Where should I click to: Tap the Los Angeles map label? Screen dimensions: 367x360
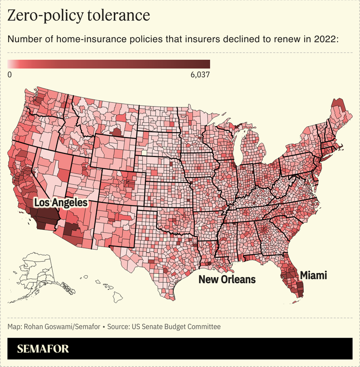point(61,203)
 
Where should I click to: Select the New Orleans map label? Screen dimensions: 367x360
point(227,280)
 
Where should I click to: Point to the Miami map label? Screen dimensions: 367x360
point(313,275)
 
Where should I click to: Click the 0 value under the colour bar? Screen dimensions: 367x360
point(10,74)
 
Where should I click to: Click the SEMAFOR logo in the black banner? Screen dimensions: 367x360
point(43,349)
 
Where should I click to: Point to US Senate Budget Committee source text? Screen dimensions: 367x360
point(176,327)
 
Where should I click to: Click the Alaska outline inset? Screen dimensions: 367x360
point(38,270)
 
